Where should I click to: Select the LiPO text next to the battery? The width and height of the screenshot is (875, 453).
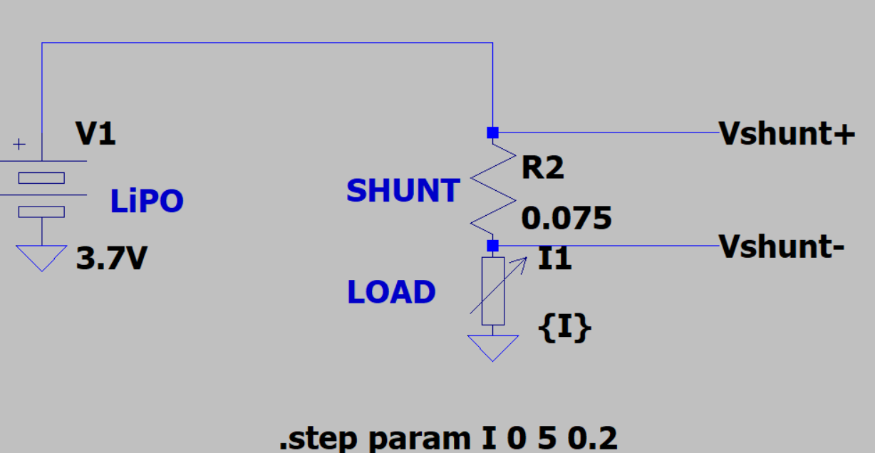[147, 202]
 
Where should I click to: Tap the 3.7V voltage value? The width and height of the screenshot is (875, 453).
[111, 259]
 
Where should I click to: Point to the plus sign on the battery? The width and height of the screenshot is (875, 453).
[19, 145]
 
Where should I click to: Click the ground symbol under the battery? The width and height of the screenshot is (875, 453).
[42, 257]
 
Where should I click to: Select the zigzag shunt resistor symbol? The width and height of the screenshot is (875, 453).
[492, 189]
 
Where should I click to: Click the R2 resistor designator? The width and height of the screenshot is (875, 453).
[542, 168]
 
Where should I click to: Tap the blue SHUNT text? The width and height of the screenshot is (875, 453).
[403, 191]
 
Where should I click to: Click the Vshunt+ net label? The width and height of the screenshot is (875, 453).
[787, 133]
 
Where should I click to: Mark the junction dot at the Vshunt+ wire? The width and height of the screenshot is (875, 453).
[492, 132]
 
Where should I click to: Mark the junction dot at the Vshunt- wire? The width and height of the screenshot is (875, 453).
[492, 246]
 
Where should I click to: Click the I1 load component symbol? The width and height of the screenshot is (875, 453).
[493, 291]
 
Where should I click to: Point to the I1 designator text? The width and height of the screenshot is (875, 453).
[554, 260]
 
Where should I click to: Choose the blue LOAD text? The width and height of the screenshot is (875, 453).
[391, 292]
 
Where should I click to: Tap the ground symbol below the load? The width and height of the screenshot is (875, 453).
[492, 348]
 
